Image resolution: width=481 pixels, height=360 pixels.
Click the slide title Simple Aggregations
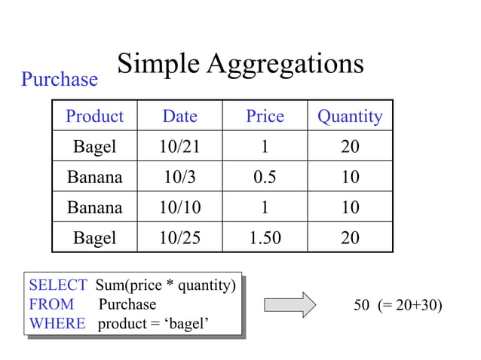(x=240, y=64)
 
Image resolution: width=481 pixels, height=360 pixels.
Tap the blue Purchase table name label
(x=60, y=79)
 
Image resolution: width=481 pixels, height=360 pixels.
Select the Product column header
(x=94, y=116)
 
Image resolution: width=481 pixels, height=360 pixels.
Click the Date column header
(x=179, y=116)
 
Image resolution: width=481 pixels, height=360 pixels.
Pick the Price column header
(x=265, y=116)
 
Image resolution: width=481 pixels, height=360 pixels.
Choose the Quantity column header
(x=350, y=116)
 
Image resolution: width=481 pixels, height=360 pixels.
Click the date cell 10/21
(x=179, y=146)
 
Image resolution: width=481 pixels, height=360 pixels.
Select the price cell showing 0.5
(x=265, y=177)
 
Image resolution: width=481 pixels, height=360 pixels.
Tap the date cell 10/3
(x=179, y=177)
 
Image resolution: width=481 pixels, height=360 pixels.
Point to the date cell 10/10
(x=179, y=207)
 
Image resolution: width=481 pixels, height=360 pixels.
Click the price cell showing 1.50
(x=265, y=238)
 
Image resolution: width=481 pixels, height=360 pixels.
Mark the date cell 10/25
(x=179, y=238)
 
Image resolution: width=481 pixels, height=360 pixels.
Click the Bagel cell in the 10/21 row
(x=94, y=146)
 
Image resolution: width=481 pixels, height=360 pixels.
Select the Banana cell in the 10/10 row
(x=94, y=207)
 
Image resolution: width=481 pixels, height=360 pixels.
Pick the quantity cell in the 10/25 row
(x=350, y=238)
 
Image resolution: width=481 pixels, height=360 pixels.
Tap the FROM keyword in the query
(x=51, y=304)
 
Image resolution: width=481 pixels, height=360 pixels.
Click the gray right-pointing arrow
(x=290, y=305)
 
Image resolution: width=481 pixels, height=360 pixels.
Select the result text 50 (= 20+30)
(x=398, y=305)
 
